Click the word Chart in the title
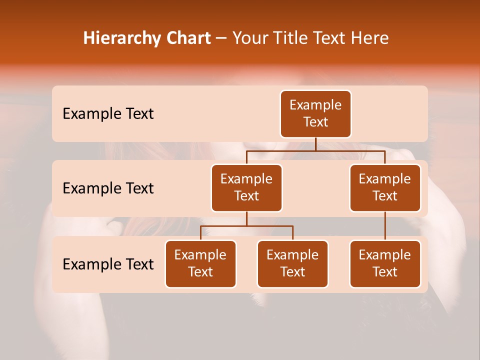(x=188, y=38)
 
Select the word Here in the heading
(x=370, y=38)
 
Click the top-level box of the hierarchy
(x=315, y=114)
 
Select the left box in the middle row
(x=246, y=188)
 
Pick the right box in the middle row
(x=385, y=188)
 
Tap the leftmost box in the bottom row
(x=200, y=264)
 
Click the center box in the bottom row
(x=292, y=264)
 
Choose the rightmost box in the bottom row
(x=385, y=264)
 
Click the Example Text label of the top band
(x=108, y=114)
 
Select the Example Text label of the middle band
(x=108, y=188)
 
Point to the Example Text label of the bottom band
(x=108, y=264)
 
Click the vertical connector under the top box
(x=315, y=144)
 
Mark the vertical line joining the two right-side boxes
(x=385, y=226)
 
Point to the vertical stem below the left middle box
(x=246, y=219)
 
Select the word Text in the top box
(x=315, y=122)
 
